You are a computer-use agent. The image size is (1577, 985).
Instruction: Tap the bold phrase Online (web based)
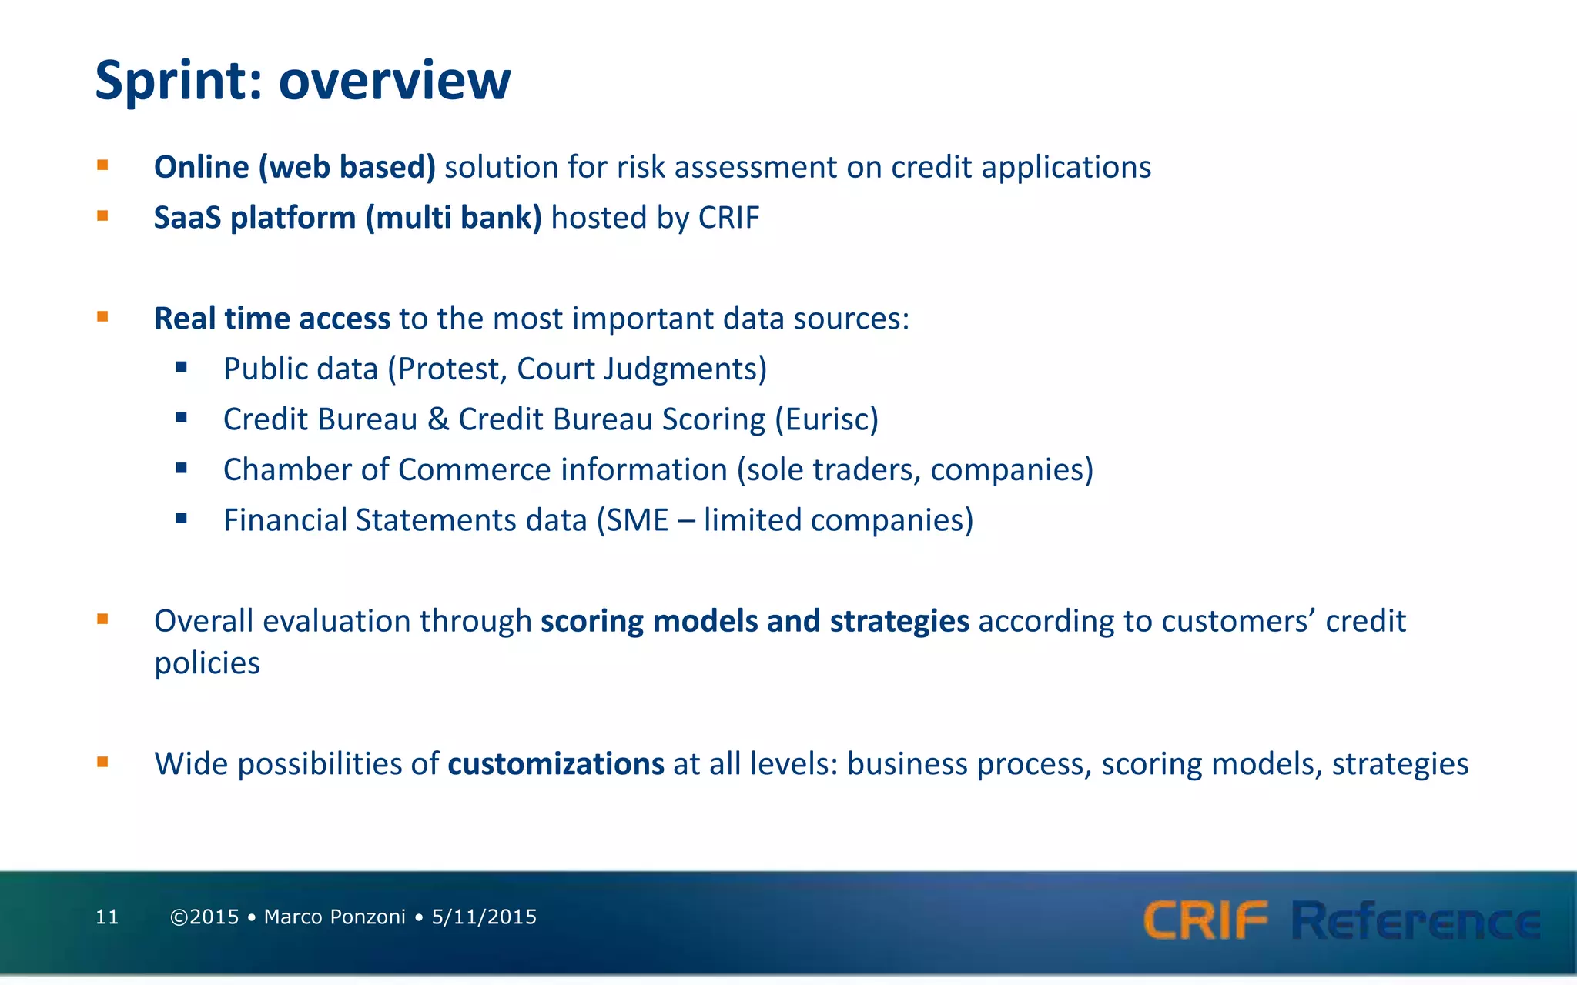click(295, 167)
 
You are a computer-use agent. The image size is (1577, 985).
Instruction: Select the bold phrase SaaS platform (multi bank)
click(347, 218)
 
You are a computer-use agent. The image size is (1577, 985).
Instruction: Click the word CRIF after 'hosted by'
click(728, 218)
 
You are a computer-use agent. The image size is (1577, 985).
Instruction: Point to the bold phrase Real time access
click(272, 319)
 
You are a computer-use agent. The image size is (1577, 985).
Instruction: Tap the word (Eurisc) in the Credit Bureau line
click(826, 419)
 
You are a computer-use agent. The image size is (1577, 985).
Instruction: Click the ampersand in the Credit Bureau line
click(437, 419)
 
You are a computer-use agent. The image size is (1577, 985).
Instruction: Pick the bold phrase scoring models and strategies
click(755, 621)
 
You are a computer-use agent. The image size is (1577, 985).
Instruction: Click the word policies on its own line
click(207, 663)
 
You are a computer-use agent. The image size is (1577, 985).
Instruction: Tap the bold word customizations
click(555, 764)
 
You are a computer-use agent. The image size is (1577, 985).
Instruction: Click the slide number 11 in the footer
click(107, 917)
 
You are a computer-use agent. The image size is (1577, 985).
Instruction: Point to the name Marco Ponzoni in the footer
click(334, 917)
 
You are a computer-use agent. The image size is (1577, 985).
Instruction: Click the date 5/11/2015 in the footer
click(484, 917)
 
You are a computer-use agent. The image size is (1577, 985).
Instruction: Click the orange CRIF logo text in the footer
click(1205, 920)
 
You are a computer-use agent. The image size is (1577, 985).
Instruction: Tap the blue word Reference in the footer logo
click(1415, 920)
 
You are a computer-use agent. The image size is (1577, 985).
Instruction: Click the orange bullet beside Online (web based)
click(102, 165)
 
